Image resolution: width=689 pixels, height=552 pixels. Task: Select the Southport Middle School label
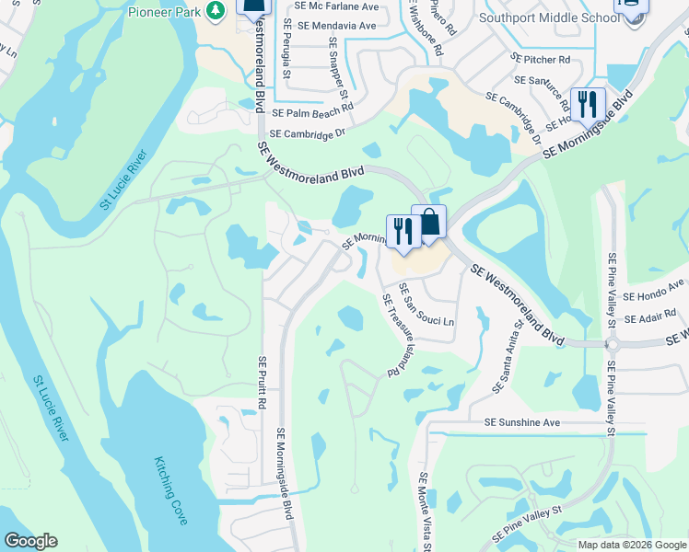543,17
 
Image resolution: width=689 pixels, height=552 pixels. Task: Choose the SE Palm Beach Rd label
313,110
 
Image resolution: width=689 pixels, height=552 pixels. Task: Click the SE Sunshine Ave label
522,422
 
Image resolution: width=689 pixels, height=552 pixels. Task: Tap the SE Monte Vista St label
426,512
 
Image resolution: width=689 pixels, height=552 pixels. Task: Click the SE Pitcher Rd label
542,59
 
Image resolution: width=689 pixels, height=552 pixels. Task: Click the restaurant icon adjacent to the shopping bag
403,231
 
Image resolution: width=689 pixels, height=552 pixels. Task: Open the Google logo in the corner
30,541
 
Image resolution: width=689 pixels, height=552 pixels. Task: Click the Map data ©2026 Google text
632,544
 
